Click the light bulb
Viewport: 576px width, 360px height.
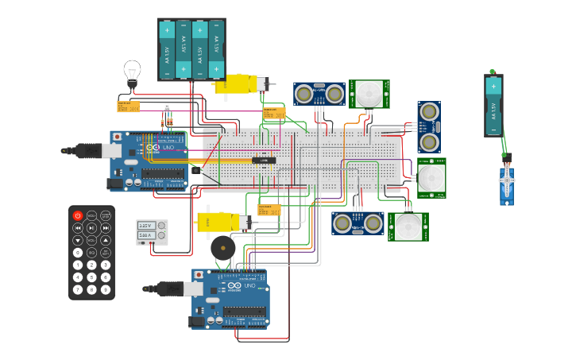click(132, 72)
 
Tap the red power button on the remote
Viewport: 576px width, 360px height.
click(78, 215)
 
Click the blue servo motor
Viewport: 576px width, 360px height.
click(507, 186)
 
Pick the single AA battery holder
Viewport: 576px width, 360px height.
click(493, 105)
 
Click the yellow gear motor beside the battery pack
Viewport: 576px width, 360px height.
click(238, 83)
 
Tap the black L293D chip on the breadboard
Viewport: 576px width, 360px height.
click(265, 161)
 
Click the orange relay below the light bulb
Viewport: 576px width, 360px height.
click(128, 106)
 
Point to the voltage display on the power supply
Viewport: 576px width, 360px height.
click(145, 226)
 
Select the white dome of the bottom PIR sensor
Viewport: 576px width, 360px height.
click(408, 226)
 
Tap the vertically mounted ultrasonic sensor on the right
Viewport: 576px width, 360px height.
click(429, 127)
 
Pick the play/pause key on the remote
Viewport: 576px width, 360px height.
click(91, 228)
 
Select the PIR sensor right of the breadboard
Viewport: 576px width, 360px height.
click(431, 177)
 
